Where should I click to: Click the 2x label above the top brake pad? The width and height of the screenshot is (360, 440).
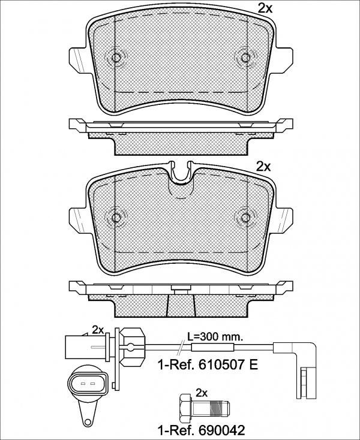(265, 9)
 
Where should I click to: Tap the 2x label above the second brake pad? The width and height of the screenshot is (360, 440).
(264, 167)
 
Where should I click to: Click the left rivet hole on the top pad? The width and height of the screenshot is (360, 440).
(116, 58)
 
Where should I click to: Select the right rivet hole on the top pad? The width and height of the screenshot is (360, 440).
(246, 58)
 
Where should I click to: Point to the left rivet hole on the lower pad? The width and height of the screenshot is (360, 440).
(116, 218)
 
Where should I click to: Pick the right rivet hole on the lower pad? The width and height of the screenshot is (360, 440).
(246, 218)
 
